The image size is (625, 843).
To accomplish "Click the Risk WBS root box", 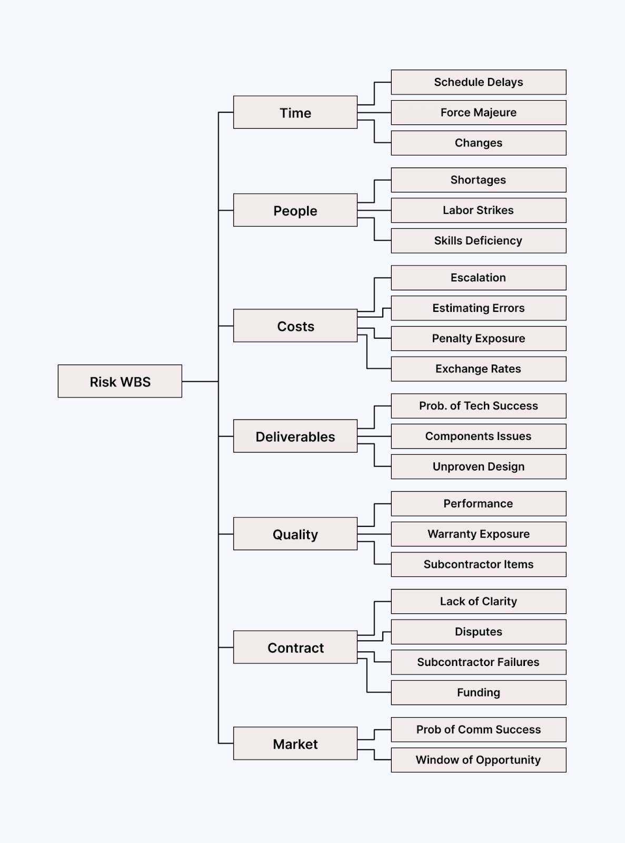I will point(120,381).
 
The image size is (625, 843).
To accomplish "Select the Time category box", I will point(295,112).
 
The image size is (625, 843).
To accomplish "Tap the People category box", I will point(295,210).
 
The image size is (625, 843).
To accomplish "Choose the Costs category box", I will point(295,326).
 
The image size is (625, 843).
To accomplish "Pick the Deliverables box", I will point(295,436).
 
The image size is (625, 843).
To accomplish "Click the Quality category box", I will point(295,534).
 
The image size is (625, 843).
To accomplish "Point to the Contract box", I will point(295,647).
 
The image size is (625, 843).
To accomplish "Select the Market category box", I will point(295,743).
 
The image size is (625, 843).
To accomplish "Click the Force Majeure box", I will point(478,113).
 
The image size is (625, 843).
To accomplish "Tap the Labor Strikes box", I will point(478,210).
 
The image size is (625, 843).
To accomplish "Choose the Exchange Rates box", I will point(478,369).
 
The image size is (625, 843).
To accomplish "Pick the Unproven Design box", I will point(478,467).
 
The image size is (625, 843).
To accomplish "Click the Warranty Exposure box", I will point(478,534).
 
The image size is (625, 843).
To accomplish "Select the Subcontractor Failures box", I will point(478,662).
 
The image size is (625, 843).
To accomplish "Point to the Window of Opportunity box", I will point(478,760).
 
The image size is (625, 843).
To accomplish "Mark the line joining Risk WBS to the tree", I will point(200,381).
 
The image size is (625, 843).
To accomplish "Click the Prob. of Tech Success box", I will point(478,406).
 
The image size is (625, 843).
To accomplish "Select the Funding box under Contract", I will point(478,692).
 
